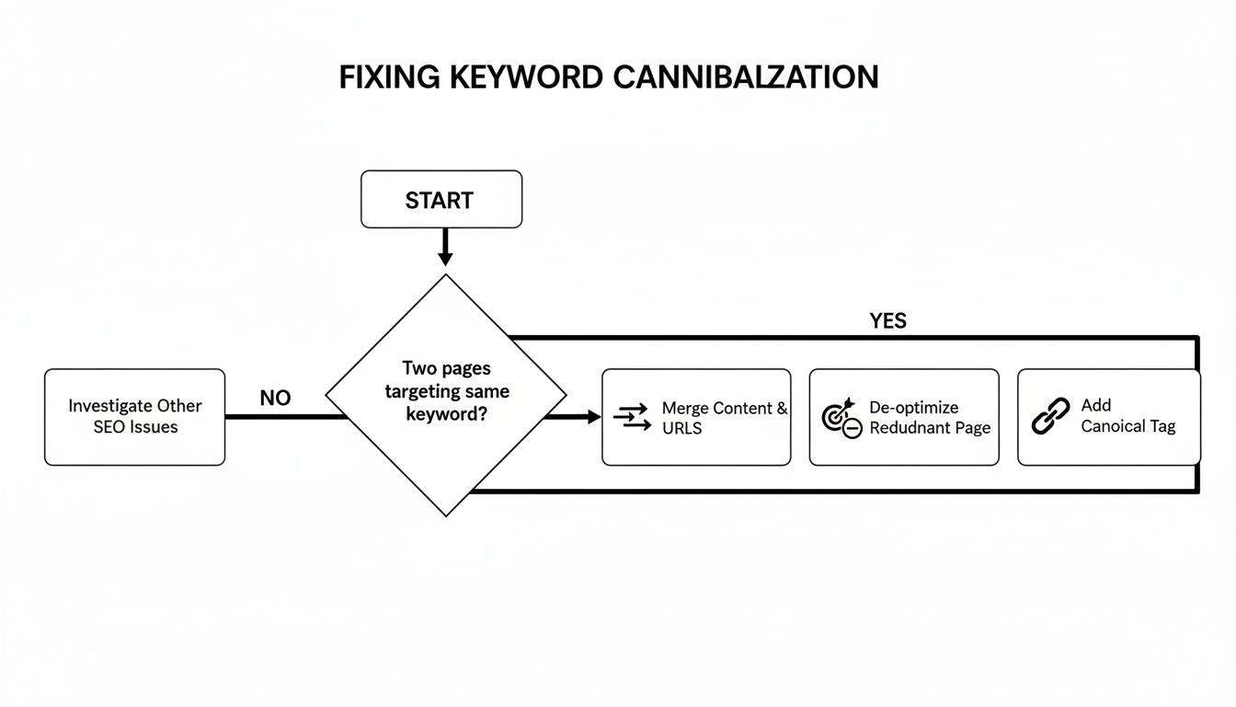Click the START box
pos(441,199)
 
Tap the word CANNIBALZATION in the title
pos(745,77)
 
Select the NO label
pos(275,399)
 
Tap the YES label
pos(887,321)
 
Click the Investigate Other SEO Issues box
pos(134,417)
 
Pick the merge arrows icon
pos(631,417)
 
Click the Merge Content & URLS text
pos(724,418)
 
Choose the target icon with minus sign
pos(841,417)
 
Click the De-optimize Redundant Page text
pos(929,418)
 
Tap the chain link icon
pos(1050,416)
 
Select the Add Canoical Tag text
pos(1127,416)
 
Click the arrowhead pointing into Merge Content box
pos(592,417)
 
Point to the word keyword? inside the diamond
pos(447,413)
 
